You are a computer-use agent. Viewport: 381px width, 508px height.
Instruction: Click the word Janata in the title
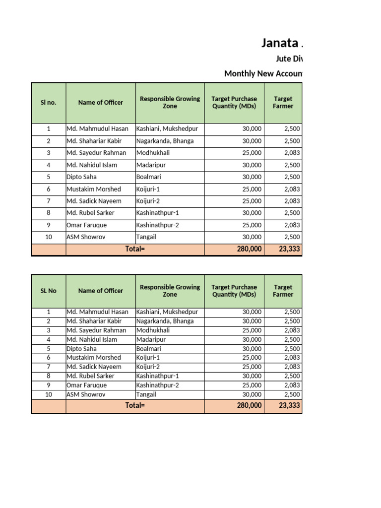click(x=280, y=43)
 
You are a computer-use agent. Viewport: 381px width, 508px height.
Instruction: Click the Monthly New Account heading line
click(x=263, y=73)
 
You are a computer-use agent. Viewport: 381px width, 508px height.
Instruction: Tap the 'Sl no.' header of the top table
click(x=48, y=103)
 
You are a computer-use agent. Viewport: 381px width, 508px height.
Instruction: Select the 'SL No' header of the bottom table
click(x=48, y=291)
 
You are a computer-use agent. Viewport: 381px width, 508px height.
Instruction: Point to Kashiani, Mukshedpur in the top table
click(x=167, y=129)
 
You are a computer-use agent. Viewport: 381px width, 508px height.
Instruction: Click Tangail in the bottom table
click(x=146, y=394)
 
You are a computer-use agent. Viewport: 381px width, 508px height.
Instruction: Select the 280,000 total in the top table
click(x=249, y=249)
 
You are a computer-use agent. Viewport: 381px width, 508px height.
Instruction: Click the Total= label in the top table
click(x=135, y=249)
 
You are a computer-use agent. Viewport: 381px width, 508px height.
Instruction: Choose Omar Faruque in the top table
click(x=86, y=225)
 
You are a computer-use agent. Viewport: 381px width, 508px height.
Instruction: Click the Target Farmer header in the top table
click(x=283, y=103)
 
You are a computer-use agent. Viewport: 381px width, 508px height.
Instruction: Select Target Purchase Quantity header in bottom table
click(x=234, y=291)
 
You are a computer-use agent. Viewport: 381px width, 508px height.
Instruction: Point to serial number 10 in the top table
click(x=48, y=237)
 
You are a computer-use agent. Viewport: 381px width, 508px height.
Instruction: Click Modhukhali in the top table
click(x=153, y=153)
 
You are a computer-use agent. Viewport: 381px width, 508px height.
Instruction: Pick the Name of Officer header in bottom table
click(x=100, y=291)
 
